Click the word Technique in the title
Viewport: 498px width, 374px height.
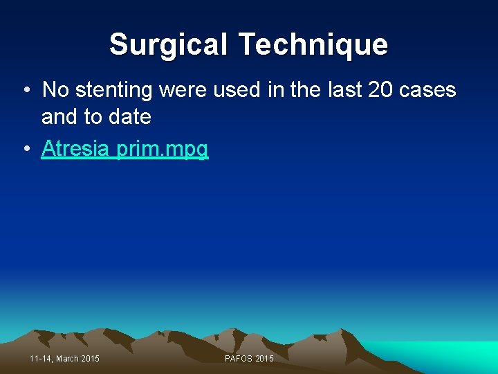coord(313,45)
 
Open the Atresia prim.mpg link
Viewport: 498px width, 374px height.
coord(124,148)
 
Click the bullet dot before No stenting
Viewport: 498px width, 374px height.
coord(25,90)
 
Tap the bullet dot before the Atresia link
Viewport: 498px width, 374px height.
coord(25,148)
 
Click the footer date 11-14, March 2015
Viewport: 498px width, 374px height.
coord(65,358)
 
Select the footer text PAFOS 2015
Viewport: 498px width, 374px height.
coord(249,358)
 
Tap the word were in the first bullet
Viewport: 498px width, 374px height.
coord(183,90)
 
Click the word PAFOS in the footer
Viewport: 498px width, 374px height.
coord(239,358)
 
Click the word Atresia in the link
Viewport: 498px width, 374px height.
coord(77,148)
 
